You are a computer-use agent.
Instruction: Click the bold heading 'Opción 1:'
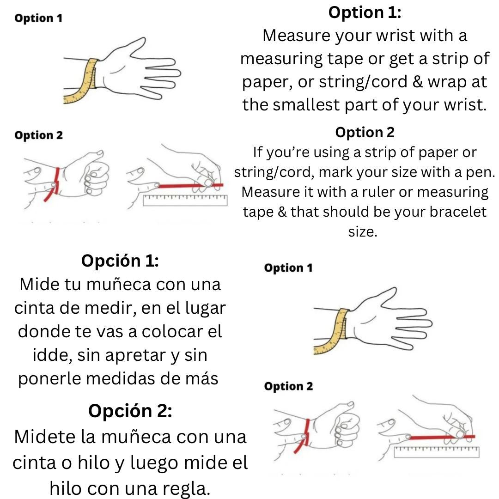pos(120,261)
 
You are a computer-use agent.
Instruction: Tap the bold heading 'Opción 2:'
pos(130,410)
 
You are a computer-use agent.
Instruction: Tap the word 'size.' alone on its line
pos(363,232)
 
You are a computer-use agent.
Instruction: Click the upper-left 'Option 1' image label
pos(38,18)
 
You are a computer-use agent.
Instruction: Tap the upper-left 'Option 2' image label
pos(38,135)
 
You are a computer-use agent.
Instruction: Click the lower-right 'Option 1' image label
pos(288,268)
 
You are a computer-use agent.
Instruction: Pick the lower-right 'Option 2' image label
pos(288,386)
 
